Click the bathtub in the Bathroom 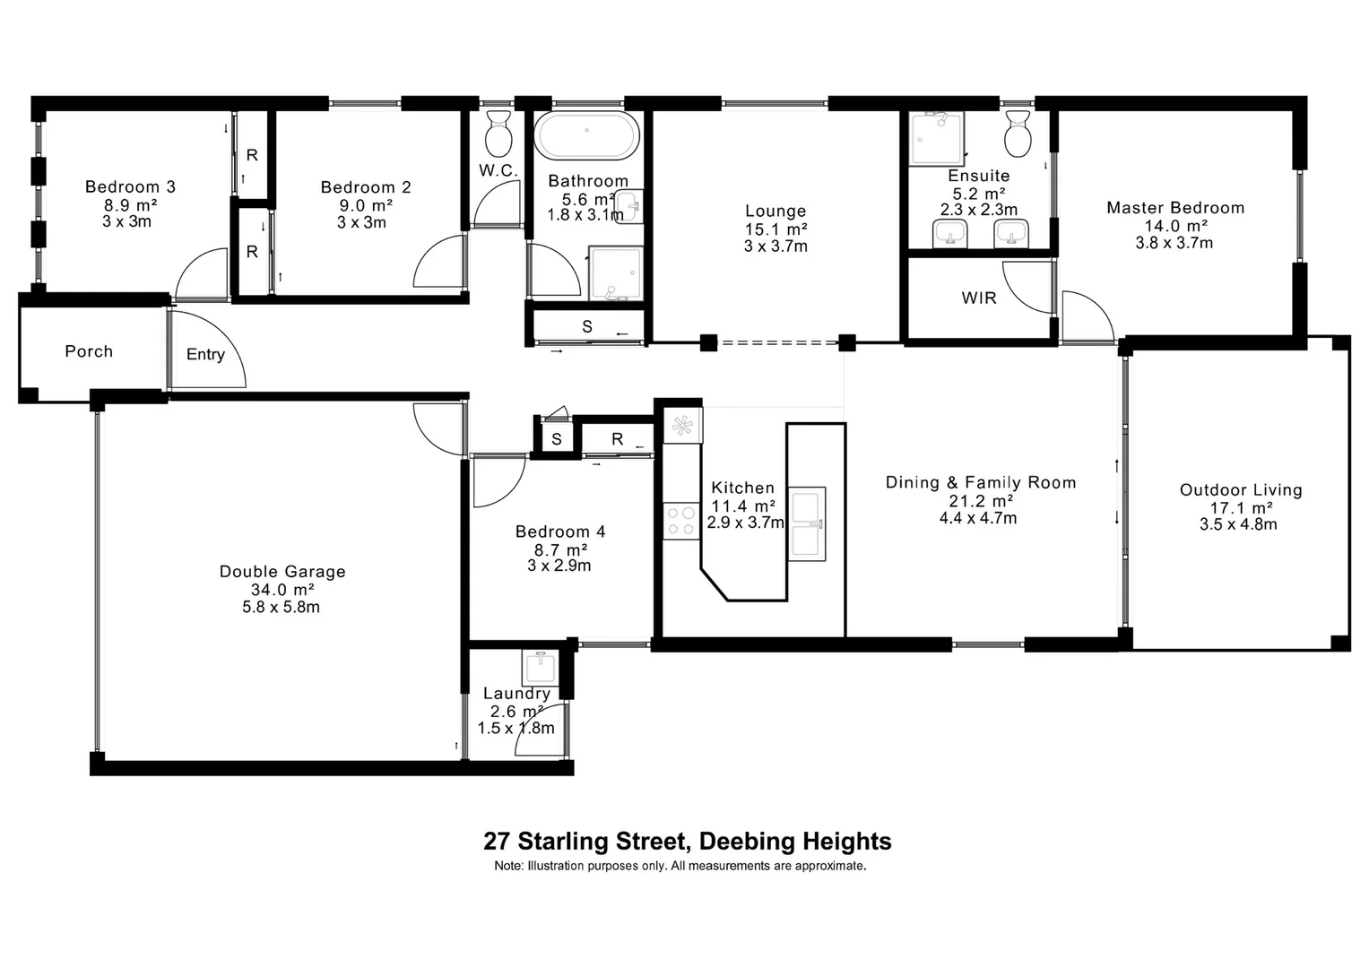pyautogui.click(x=587, y=136)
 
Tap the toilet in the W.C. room pyautogui.click(x=498, y=134)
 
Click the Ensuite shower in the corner pyautogui.click(x=935, y=139)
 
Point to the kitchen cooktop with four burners pyautogui.click(x=681, y=521)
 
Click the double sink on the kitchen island pyautogui.click(x=807, y=524)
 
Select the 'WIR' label pyautogui.click(x=979, y=298)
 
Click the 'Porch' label pyautogui.click(x=89, y=351)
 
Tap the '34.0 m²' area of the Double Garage pyautogui.click(x=282, y=590)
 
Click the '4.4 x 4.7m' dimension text pyautogui.click(x=978, y=518)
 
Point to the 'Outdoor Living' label pyautogui.click(x=1240, y=490)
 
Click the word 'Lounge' pyautogui.click(x=775, y=212)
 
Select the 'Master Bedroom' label pyautogui.click(x=1174, y=208)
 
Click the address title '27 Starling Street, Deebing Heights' pyautogui.click(x=687, y=842)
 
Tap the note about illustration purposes pyautogui.click(x=680, y=866)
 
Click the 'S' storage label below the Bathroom pyautogui.click(x=587, y=326)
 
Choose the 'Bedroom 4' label pyautogui.click(x=559, y=532)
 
